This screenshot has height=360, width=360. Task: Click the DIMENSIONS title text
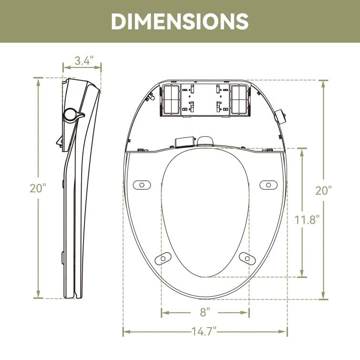pyautogui.click(x=180, y=21)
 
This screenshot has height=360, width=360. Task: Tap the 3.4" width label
pyautogui.click(x=84, y=61)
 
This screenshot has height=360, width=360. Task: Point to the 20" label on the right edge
pyautogui.click(x=323, y=190)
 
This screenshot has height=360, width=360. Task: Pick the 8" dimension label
pyautogui.click(x=205, y=313)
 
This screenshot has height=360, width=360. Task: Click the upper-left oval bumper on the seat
pyautogui.click(x=141, y=185)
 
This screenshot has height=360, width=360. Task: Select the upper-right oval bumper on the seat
pyautogui.click(x=267, y=185)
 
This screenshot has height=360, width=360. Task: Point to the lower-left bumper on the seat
pyautogui.click(x=163, y=257)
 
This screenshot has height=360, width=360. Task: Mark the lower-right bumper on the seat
pyautogui.click(x=245, y=257)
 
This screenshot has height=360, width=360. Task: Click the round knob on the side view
pyautogui.click(x=72, y=114)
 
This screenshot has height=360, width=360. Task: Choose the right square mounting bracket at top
pyautogui.click(x=239, y=100)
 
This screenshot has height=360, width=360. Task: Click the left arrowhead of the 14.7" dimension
pyautogui.click(x=125, y=331)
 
